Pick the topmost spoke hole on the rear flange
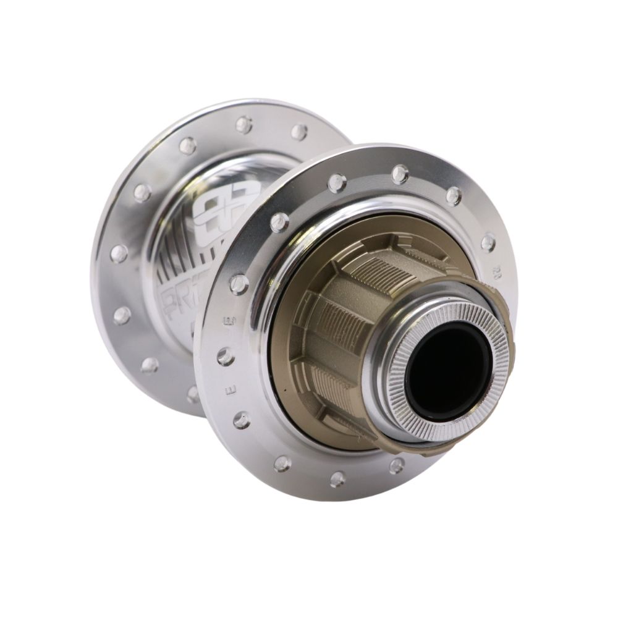244,125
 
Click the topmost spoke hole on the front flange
400,174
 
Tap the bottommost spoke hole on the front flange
337,477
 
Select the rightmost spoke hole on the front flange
488,242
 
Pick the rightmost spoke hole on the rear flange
299,132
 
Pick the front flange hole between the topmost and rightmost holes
454,196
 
